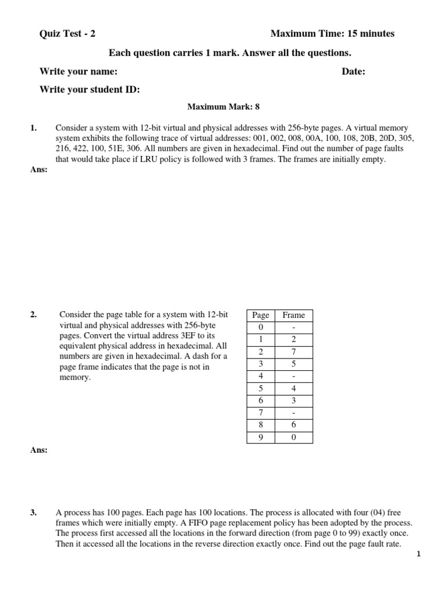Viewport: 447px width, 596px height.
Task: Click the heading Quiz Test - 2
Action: coord(67,34)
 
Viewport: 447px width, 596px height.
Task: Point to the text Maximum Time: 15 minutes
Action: coord(332,34)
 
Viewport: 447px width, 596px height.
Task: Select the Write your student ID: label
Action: coord(90,90)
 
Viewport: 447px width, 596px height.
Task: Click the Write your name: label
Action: coord(79,72)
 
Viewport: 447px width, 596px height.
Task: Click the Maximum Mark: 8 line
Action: coord(223,107)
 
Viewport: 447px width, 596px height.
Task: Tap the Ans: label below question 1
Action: coord(38,170)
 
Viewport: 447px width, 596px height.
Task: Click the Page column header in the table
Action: coord(260,315)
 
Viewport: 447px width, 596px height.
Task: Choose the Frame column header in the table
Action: coord(293,315)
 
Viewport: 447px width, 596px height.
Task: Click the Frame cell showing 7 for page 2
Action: coord(293,352)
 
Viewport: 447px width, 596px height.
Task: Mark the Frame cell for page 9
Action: coord(293,438)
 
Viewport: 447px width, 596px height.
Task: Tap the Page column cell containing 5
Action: coord(260,388)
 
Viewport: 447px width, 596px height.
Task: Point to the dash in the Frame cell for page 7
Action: coord(293,413)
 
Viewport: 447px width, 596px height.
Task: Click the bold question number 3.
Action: coord(33,513)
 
